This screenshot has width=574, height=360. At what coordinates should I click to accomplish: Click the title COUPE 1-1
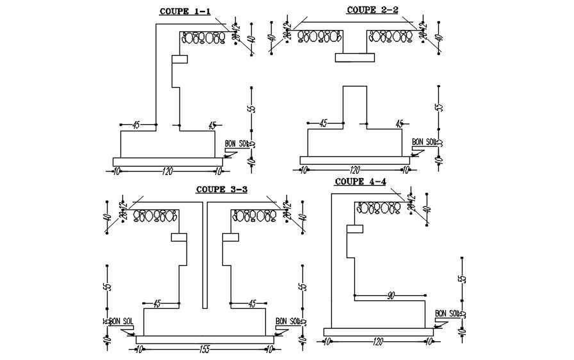pos(181,11)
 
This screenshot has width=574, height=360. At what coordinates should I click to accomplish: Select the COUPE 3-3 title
pos(222,189)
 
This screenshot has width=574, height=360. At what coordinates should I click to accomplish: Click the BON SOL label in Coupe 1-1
pos(235,144)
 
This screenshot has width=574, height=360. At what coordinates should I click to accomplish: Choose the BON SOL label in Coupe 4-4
pos(447,313)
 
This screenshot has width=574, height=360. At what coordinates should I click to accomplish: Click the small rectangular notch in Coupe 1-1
pos(179,59)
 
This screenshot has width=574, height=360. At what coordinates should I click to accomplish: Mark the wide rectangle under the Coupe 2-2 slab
pos(355,58)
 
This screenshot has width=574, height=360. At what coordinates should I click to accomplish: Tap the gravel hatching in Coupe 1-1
pos(204,38)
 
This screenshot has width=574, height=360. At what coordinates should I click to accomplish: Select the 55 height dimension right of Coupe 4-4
pos(461,280)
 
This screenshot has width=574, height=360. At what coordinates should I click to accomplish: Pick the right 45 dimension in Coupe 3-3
pos(252,303)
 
